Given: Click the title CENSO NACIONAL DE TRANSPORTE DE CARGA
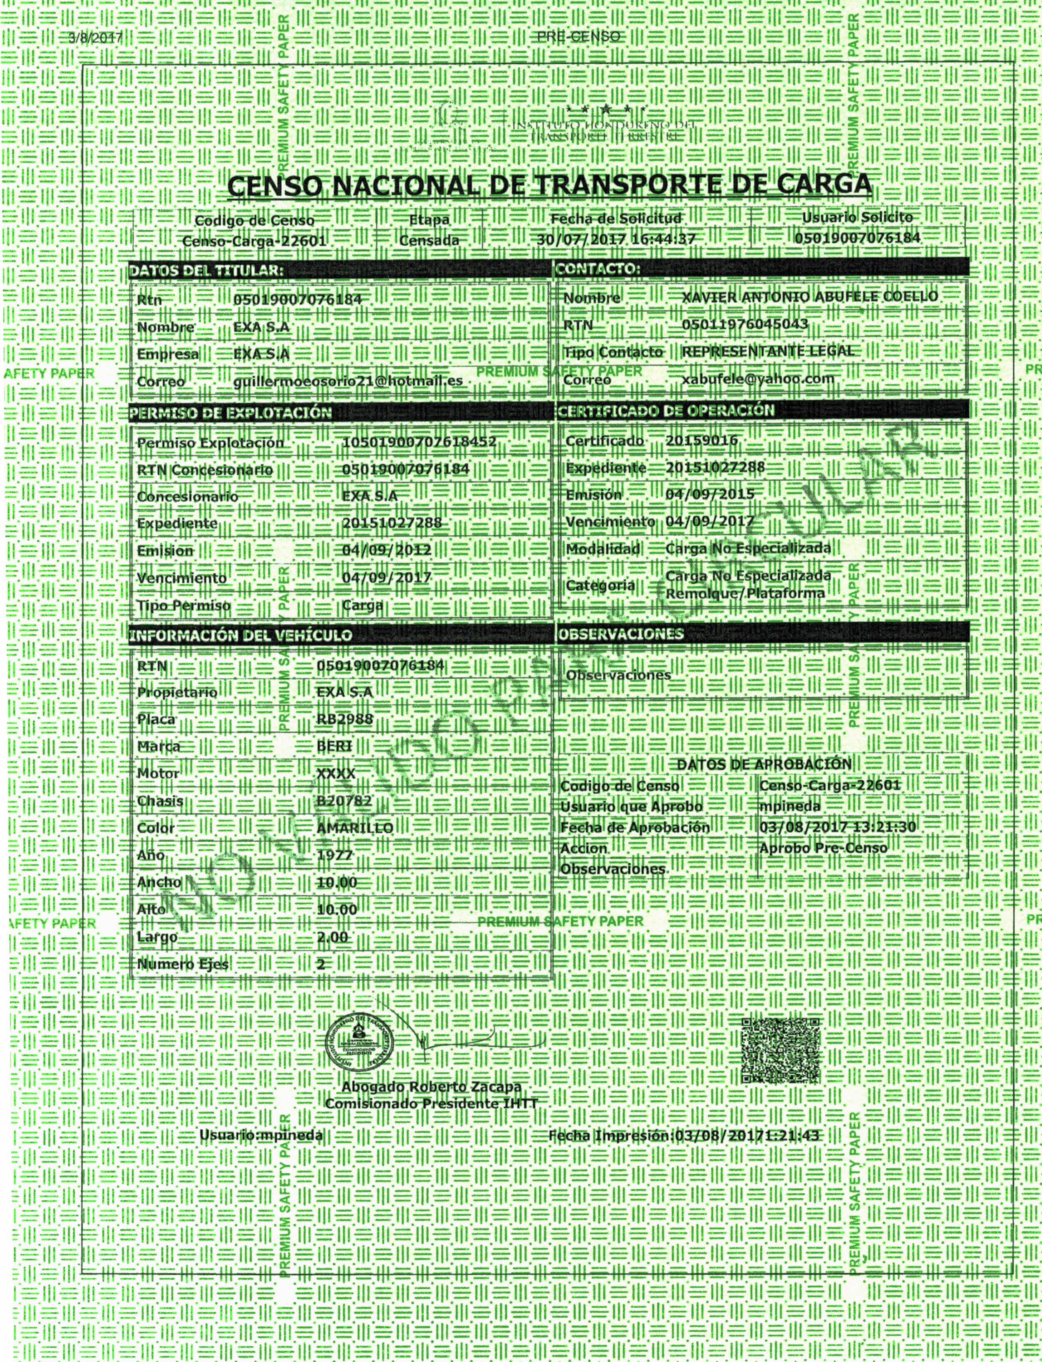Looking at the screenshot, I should (549, 185).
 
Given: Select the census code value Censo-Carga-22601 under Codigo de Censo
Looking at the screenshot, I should (254, 241).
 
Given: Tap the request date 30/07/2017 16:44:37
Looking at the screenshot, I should (615, 239).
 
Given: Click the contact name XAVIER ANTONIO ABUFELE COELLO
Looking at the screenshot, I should (809, 297).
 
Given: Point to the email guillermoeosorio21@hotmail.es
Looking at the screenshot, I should (348, 381).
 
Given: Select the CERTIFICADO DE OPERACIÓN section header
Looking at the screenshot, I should (667, 410).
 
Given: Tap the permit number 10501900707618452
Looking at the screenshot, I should (419, 442).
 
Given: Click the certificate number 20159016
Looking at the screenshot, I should (701, 440).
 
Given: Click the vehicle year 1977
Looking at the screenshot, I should (335, 855).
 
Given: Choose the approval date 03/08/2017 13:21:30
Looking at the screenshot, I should (837, 828).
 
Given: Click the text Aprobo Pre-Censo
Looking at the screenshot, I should (823, 848).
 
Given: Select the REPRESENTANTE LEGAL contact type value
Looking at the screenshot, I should (768, 350).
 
